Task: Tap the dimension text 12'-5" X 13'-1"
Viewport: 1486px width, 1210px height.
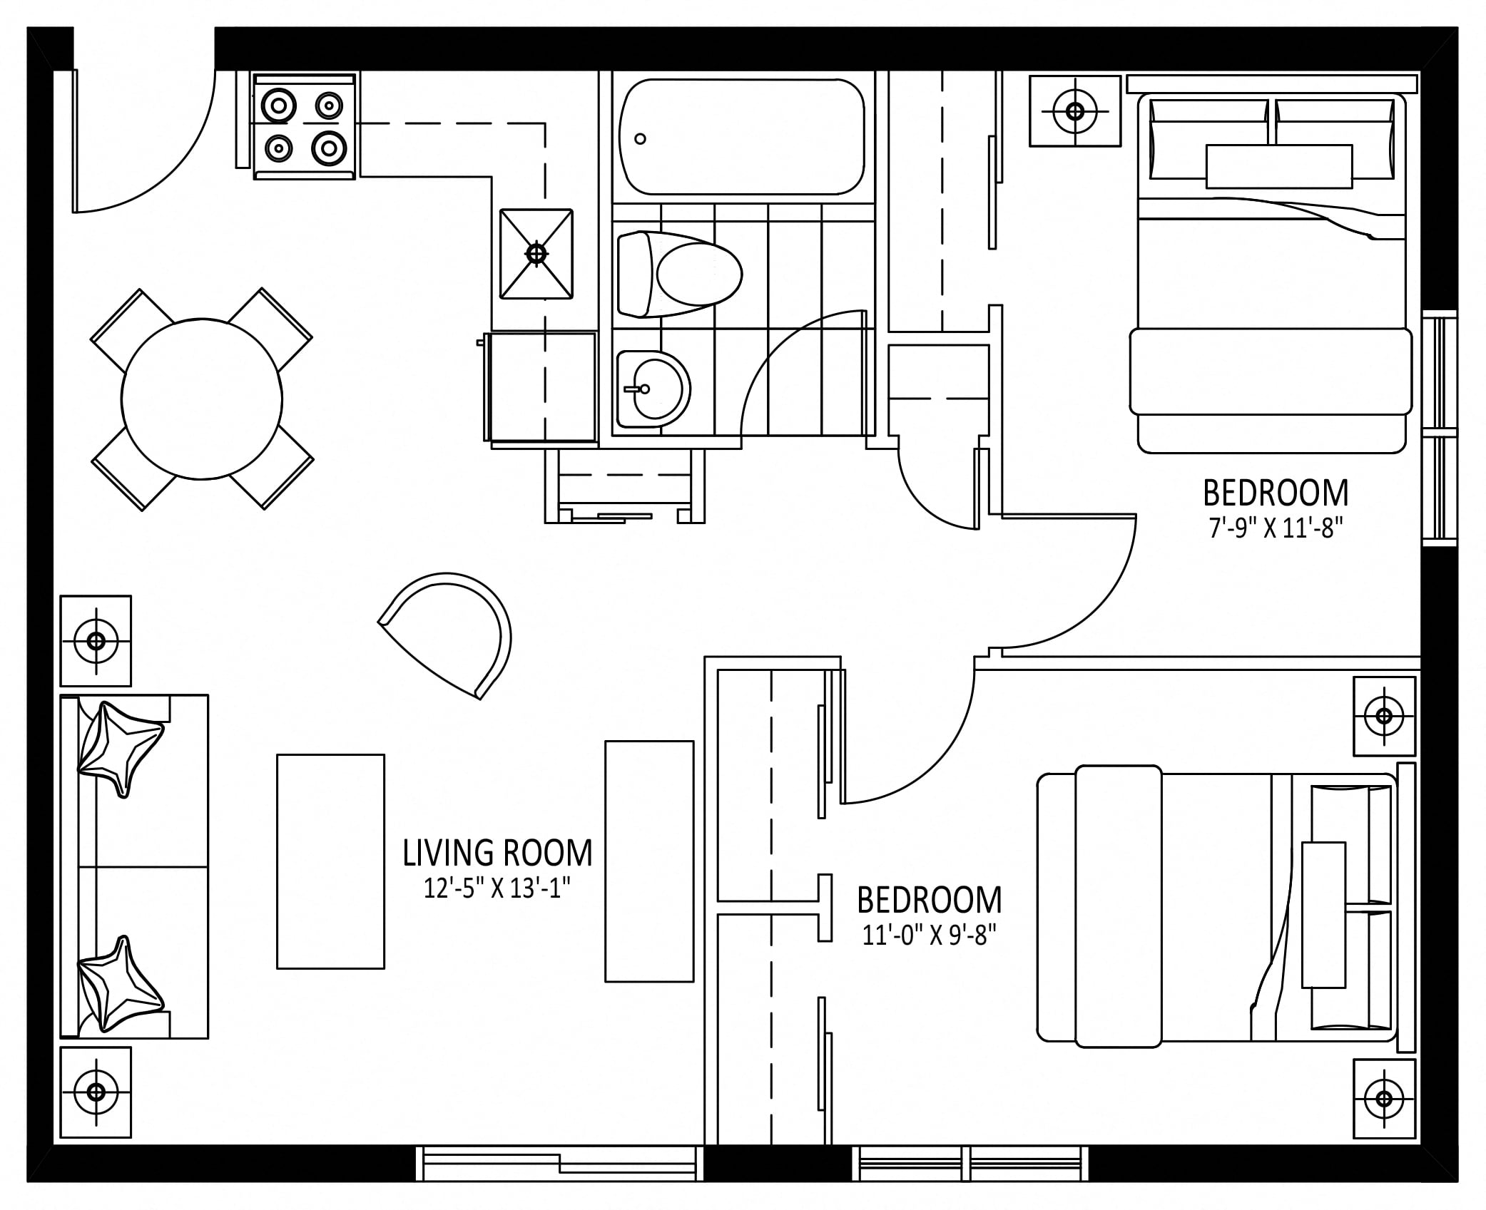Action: (x=497, y=888)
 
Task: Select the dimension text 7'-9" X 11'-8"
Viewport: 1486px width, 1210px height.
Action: (x=1276, y=528)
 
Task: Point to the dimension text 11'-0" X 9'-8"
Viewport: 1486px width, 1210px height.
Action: (x=929, y=935)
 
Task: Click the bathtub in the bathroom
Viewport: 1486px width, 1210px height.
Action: (x=742, y=136)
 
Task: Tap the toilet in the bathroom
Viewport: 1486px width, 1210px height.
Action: (x=679, y=274)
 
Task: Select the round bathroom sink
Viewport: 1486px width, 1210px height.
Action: (x=653, y=389)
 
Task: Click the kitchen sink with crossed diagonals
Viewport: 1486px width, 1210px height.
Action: (x=536, y=253)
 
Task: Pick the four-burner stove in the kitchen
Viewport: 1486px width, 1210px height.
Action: (x=304, y=126)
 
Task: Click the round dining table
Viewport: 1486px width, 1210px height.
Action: (x=202, y=399)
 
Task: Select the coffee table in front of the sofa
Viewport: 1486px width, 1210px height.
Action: (x=330, y=861)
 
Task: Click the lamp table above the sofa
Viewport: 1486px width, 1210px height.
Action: (x=96, y=640)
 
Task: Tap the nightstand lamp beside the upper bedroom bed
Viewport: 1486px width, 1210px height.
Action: (x=1075, y=111)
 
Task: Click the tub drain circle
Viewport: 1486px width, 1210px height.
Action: (x=640, y=139)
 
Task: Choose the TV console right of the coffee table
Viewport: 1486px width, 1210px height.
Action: (x=649, y=861)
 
